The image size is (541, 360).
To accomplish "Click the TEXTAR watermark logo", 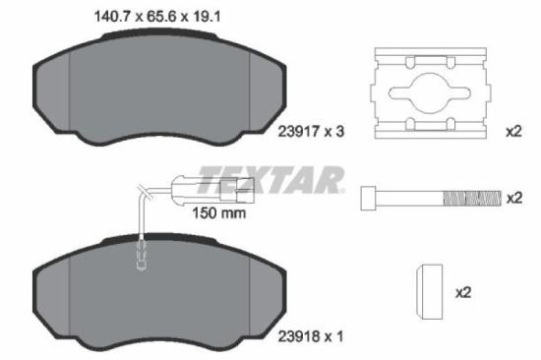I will [271, 179].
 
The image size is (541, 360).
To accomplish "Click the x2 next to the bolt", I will [512, 198].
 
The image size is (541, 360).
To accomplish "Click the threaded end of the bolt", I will [472, 199].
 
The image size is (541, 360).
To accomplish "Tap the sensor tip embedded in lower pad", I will [140, 261].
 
